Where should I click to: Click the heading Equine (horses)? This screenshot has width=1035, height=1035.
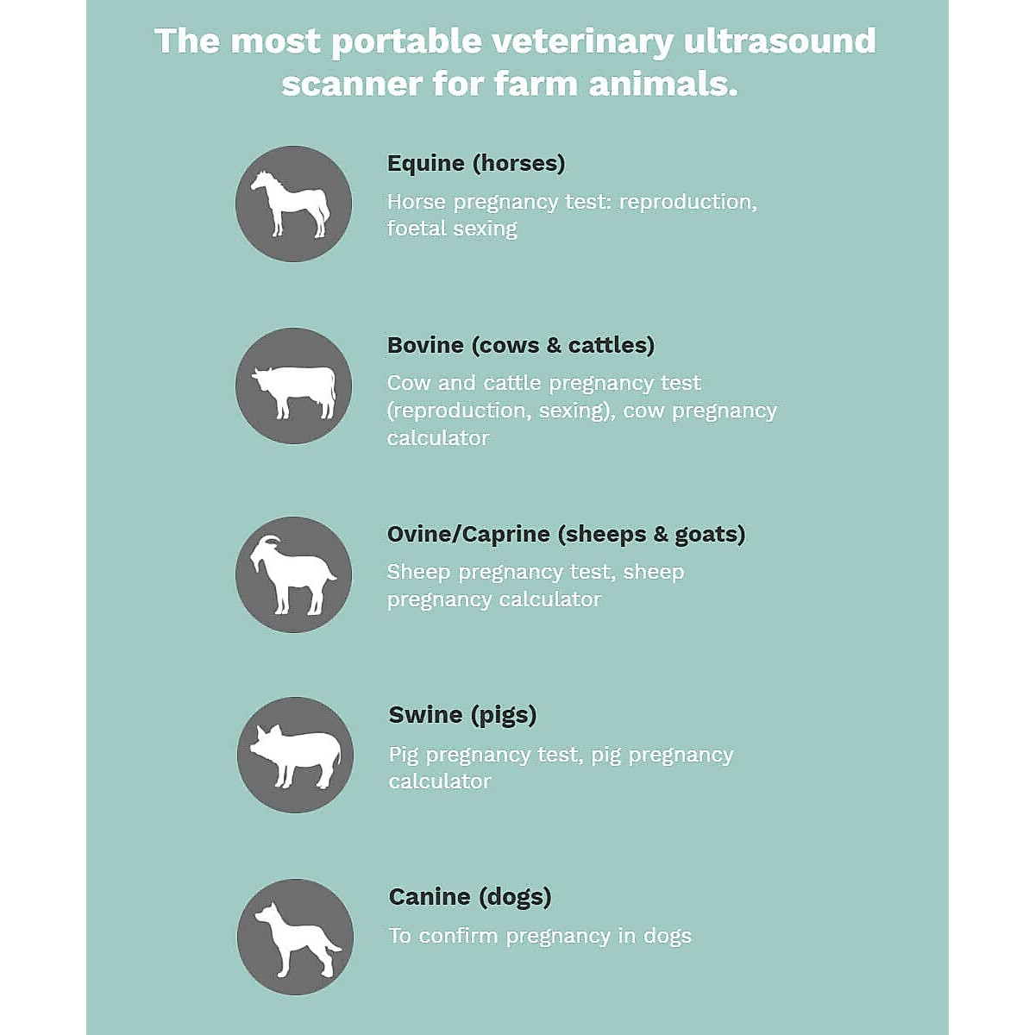click(476, 164)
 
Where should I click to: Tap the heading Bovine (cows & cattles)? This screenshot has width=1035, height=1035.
click(521, 345)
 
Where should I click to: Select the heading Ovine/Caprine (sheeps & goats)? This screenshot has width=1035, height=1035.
click(566, 535)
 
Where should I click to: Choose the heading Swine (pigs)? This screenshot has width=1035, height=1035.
click(462, 715)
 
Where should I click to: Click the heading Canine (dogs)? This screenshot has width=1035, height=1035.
click(470, 897)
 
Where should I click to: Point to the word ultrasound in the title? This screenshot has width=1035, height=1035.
click(780, 41)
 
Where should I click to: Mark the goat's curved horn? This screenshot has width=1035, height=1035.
click(271, 542)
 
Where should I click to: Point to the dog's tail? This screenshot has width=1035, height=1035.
click(332, 947)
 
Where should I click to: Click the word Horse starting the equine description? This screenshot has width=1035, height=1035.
click(417, 203)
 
